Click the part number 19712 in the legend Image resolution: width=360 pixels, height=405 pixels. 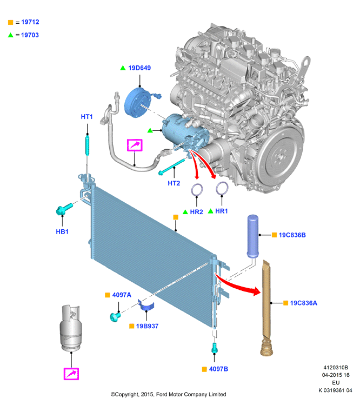pos(30,22)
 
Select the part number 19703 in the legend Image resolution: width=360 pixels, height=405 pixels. pos(30,35)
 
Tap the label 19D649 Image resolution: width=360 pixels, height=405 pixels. pos(139,68)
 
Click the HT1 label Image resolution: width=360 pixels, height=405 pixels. pos(87,117)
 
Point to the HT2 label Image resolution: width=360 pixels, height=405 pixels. pos(174,183)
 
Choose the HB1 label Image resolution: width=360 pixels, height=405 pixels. pos(62,231)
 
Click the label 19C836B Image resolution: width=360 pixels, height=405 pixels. pos(292,235)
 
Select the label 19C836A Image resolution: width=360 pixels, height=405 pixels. pos(303,303)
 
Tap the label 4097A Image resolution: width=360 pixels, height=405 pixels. pos(122,295)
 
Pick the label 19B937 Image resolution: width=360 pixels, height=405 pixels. pos(147,326)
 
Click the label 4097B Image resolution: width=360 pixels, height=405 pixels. pos(218,369)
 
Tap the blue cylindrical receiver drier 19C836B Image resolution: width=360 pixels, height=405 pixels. pos(252,236)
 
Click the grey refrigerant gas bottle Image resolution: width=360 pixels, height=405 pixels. pos(71,328)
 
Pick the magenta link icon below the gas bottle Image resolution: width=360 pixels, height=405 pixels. pos(71,374)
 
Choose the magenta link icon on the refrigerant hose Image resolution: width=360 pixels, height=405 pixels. pos(135,145)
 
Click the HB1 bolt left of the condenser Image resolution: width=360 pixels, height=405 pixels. pos(64,209)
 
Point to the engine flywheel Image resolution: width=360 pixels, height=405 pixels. pos(281,157)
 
